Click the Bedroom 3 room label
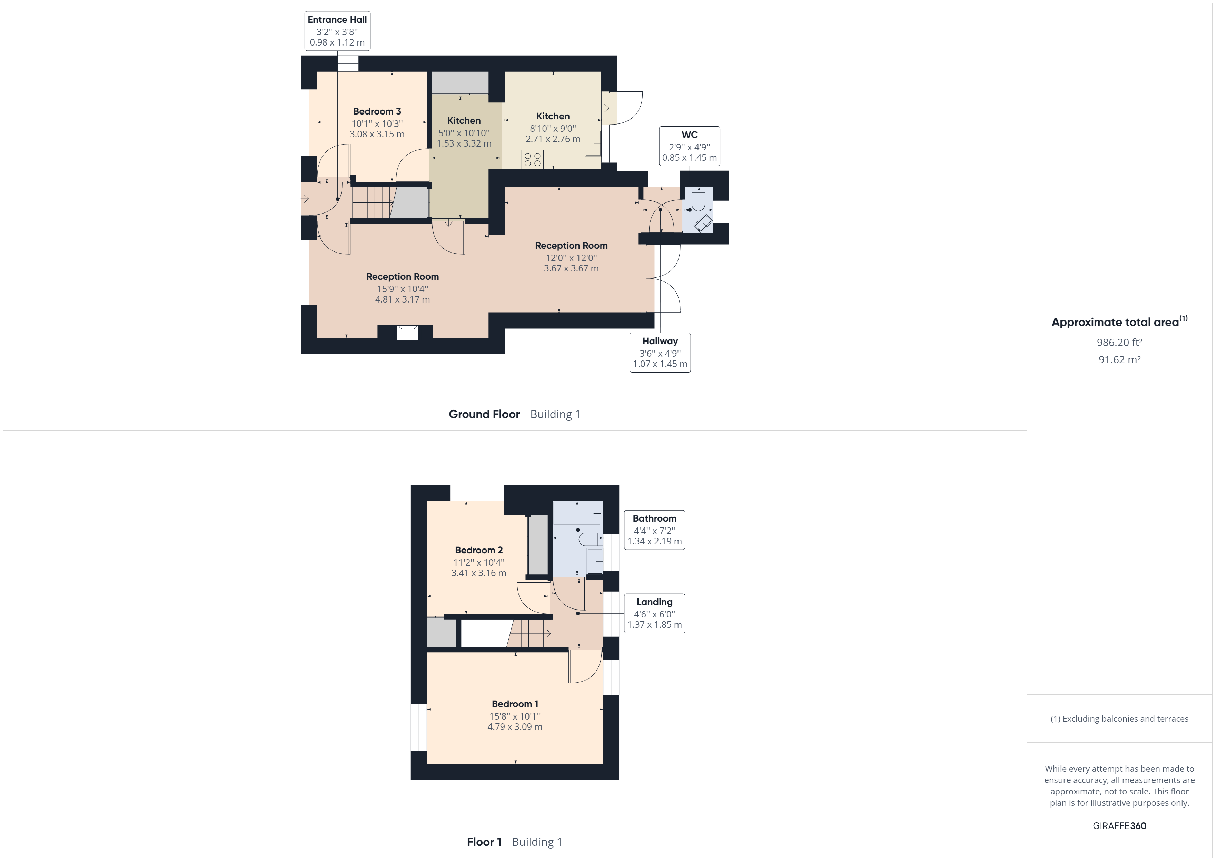[377, 111]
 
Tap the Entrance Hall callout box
[337, 31]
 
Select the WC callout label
[689, 146]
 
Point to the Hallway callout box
[660, 353]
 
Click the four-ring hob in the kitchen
[532, 159]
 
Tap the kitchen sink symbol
[593, 143]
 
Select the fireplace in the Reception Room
[407, 333]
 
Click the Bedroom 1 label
[515, 704]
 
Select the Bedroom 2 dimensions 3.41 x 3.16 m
[479, 573]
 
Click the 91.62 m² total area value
[1119, 359]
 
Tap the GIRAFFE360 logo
[1119, 825]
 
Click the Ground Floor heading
[484, 414]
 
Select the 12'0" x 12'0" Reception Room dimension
[571, 258]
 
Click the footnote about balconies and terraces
[1119, 719]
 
